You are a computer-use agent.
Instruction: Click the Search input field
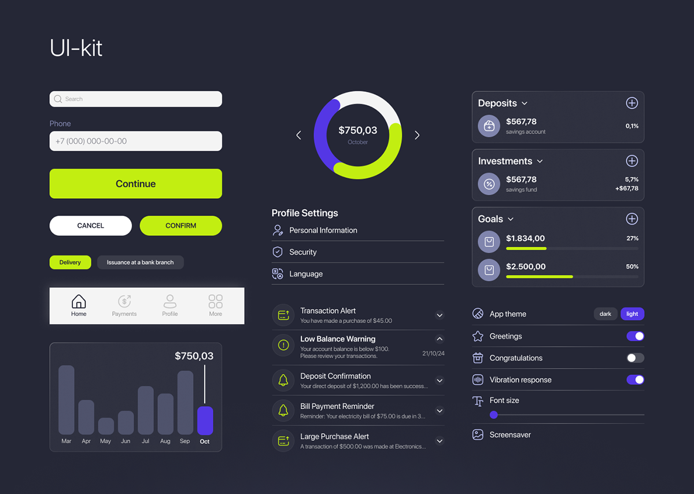point(135,99)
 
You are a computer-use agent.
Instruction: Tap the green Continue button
point(135,184)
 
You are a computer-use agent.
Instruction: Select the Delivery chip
point(70,262)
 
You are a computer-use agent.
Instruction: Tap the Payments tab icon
point(124,302)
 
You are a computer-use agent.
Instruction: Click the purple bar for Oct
point(205,420)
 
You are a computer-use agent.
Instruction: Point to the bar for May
point(106,426)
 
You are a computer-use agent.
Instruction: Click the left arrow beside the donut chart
point(298,135)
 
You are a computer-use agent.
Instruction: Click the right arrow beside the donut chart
point(417,135)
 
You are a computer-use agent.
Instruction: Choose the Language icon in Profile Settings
point(278,274)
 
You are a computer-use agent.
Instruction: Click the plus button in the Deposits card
point(632,103)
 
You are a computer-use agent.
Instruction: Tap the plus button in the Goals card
point(632,218)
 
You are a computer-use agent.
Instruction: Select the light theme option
point(632,314)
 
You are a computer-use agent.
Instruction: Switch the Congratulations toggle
point(635,358)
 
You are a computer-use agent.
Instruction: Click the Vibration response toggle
point(635,380)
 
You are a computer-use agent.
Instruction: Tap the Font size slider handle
point(493,415)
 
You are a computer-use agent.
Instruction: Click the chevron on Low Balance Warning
point(440,339)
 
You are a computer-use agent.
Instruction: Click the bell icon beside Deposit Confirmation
point(283,380)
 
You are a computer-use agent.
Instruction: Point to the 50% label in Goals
point(632,266)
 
